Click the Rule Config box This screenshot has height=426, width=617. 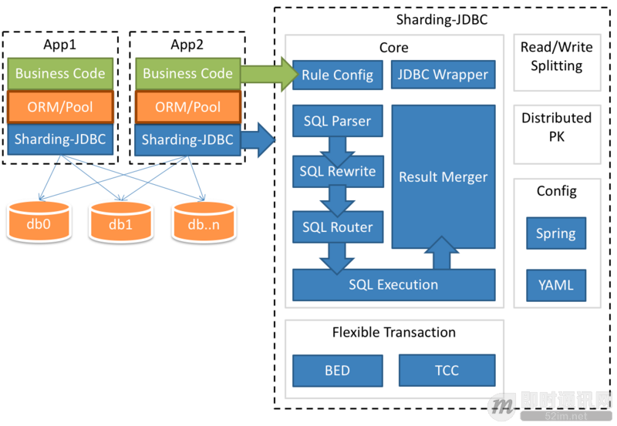click(337, 75)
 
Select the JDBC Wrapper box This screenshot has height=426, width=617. click(443, 75)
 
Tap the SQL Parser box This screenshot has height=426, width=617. click(337, 121)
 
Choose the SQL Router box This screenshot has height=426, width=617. click(337, 227)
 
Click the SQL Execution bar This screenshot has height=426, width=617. click(393, 285)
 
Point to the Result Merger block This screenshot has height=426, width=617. click(443, 177)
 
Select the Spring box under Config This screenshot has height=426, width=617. click(556, 233)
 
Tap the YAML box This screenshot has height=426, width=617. click(556, 285)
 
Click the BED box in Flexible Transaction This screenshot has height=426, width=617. click(337, 371)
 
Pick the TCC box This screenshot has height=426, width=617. click(447, 371)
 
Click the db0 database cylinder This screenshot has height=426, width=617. click(37, 224)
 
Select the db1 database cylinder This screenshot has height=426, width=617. click(120, 224)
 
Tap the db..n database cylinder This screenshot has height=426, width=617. click(204, 224)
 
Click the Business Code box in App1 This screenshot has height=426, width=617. click(60, 75)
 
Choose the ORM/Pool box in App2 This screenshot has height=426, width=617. click(187, 107)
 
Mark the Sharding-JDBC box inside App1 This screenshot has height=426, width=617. click(60, 139)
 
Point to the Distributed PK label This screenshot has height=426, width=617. click(556, 127)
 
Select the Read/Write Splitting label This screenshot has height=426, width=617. click(556, 56)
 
